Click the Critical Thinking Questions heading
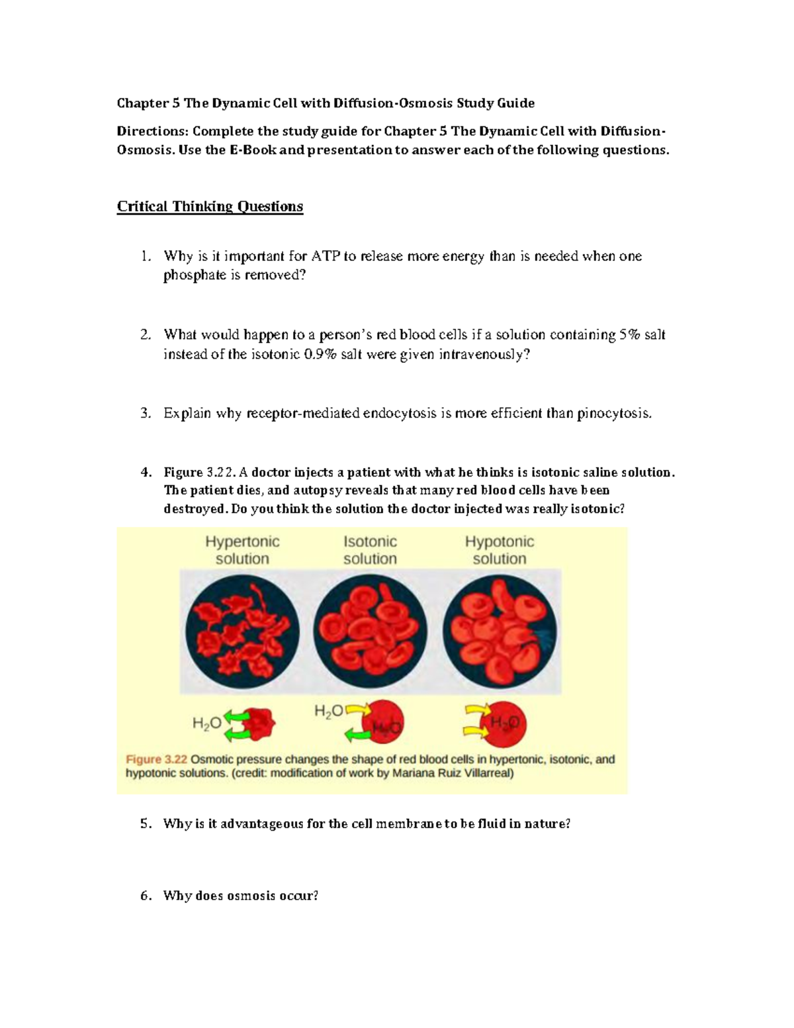210,207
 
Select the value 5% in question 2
630,335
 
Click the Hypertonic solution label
242,550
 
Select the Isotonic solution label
370,550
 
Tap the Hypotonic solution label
499,550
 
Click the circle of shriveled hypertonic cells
242,631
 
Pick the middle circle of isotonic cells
370,631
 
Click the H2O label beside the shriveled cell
206,724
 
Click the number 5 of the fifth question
146,824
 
